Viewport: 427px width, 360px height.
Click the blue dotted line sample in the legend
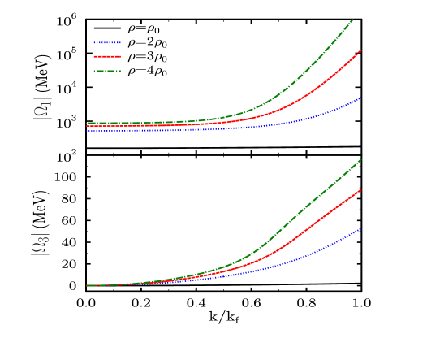[x=107, y=42]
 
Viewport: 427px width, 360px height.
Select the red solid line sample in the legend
[x=107, y=57]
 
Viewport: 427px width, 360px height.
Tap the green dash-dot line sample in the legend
[x=107, y=72]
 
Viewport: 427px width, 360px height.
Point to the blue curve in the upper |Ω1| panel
[x=325, y=115]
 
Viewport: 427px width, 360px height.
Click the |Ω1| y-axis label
[x=41, y=108]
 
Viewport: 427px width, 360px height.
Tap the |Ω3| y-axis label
[x=40, y=245]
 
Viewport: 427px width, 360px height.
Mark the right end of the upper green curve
[x=353, y=19]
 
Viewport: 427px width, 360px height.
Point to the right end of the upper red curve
[x=360, y=50]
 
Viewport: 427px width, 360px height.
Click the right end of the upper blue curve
[x=361, y=98]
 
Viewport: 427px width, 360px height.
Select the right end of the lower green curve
[x=361, y=159]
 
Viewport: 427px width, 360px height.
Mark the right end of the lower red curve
[x=360, y=190]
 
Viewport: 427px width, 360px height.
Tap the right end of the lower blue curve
[x=361, y=228]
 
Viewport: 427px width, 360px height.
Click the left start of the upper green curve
[x=88, y=124]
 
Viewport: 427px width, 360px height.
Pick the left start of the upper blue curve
[x=88, y=130]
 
